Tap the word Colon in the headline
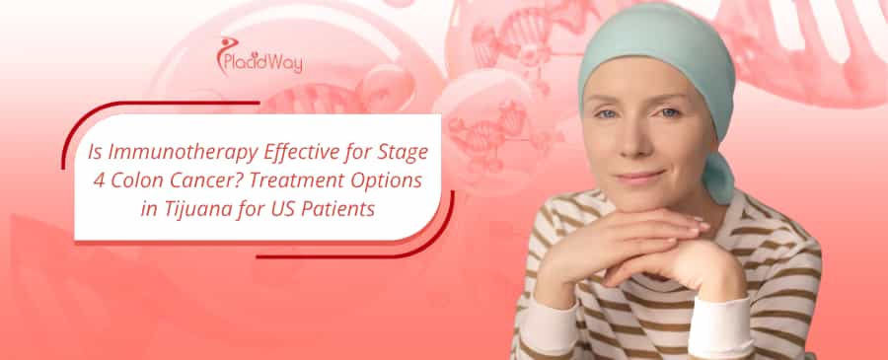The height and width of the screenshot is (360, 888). coord(141,182)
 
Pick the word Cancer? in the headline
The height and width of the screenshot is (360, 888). coord(208,182)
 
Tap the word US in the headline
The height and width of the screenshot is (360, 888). coord(277,209)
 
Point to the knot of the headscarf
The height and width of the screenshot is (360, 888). coord(720,178)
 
